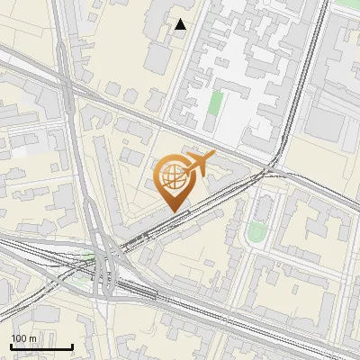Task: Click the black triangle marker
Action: click(x=181, y=24)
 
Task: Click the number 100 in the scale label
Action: click(x=18, y=338)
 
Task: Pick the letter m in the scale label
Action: click(x=32, y=338)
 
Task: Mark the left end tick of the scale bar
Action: click(x=11, y=346)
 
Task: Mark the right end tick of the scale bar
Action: click(x=72, y=346)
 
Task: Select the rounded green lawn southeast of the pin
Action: click(x=256, y=233)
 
